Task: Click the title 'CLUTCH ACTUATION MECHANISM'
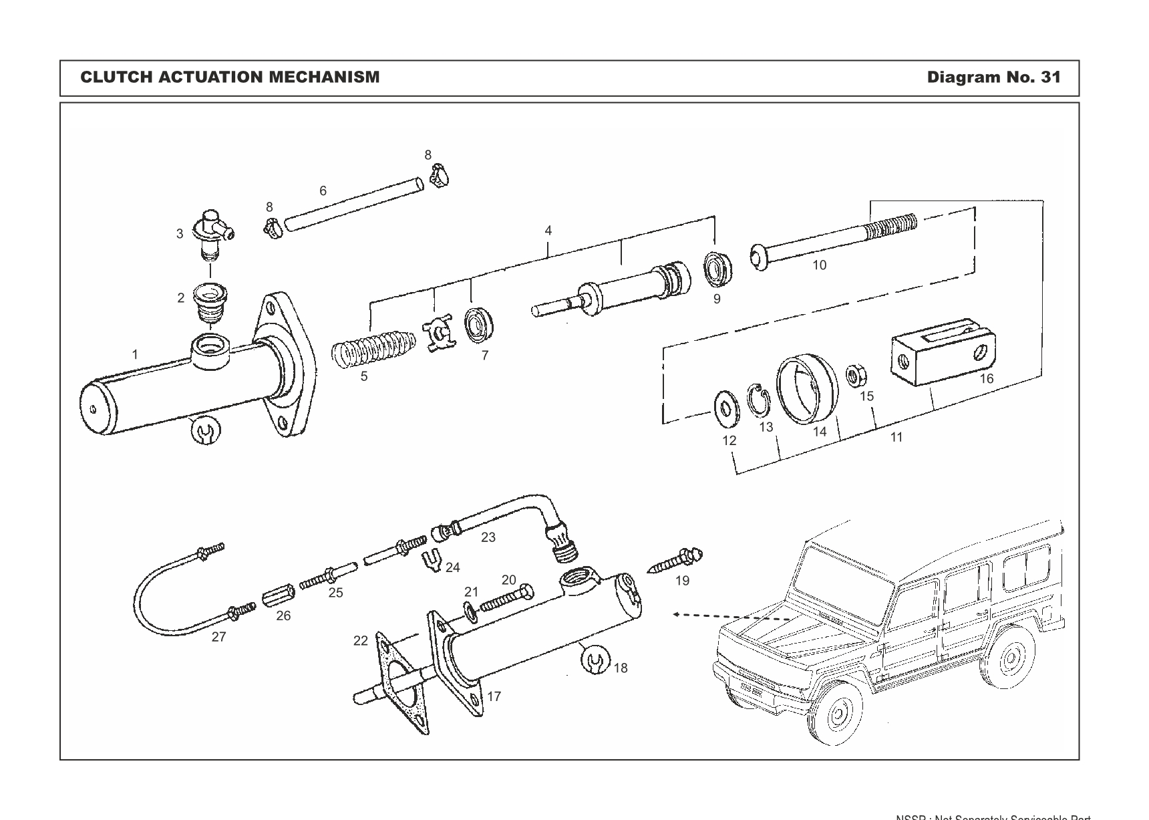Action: tap(230, 78)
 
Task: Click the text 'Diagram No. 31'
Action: tap(993, 78)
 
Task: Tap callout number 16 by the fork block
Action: tap(986, 379)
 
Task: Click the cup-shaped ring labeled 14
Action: tap(807, 388)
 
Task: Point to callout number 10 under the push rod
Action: tap(819, 265)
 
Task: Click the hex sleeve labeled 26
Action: tap(275, 596)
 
